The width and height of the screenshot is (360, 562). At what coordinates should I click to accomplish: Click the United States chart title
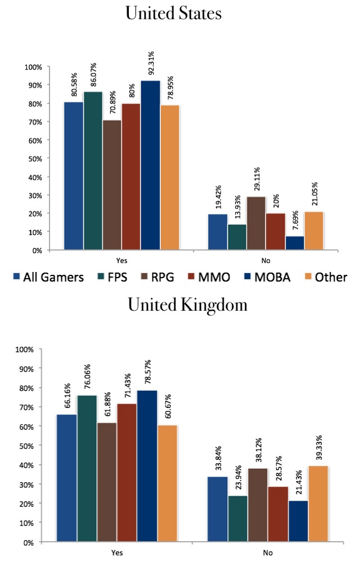click(173, 13)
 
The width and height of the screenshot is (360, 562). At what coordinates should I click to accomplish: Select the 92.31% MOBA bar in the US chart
click(150, 165)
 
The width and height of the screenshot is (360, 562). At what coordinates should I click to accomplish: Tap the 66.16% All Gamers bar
click(67, 478)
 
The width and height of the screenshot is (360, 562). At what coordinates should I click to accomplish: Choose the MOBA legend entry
click(262, 277)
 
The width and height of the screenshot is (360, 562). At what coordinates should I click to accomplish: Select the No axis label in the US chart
click(265, 260)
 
